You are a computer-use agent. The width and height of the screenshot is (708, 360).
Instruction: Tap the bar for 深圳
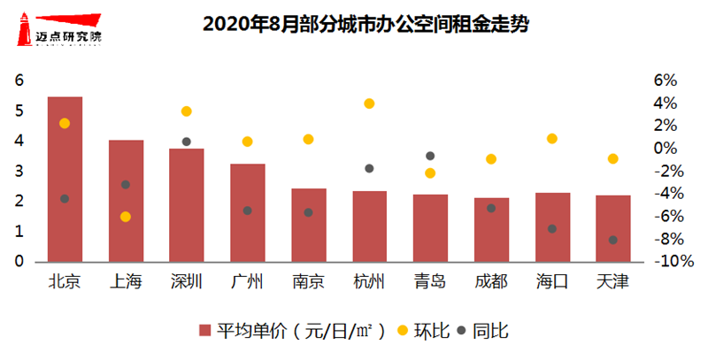pos(187,205)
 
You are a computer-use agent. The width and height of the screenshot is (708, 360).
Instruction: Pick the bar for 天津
pos(612,228)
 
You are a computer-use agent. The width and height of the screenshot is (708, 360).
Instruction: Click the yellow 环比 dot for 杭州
pos(370,103)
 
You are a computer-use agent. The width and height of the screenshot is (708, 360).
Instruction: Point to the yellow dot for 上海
pos(126,217)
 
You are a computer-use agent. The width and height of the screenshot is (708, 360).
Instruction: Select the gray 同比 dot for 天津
pos(612,240)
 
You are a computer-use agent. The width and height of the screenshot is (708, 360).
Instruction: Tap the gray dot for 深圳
pos(187,142)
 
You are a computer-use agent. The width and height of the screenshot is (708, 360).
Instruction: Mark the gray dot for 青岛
pos(430,156)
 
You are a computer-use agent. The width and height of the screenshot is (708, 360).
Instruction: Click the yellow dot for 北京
pos(65,123)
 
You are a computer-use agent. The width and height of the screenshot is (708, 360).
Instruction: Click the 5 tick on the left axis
pos(20,111)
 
